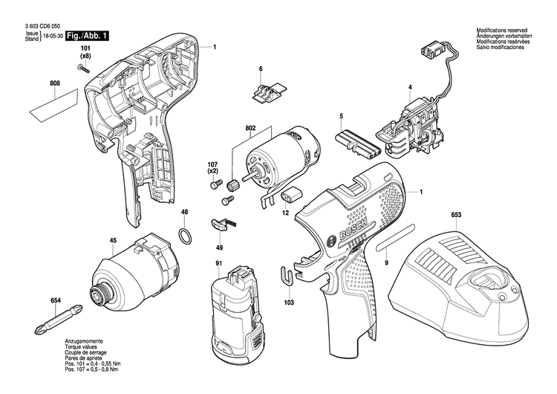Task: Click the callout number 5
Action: [x=341, y=116]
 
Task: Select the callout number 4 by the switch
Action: [x=409, y=88]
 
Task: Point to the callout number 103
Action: [x=289, y=303]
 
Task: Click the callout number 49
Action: [x=219, y=247]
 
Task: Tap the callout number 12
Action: [x=284, y=213]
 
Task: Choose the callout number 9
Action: [x=386, y=262]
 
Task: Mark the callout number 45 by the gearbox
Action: [x=113, y=240]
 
